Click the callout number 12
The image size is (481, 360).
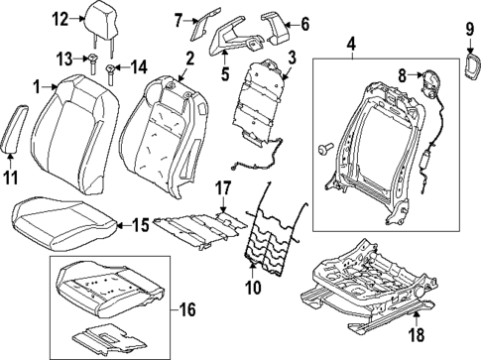pos(60,17)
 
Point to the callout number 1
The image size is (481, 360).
pos(37,87)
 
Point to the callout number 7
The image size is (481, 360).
pos(179,19)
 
